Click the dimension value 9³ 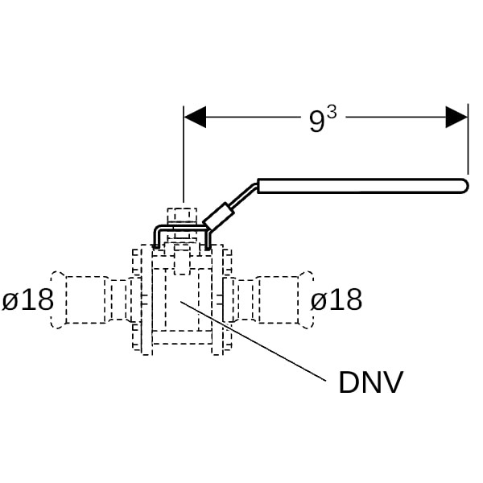tap(321, 119)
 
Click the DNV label tap(370, 383)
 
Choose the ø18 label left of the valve tap(27, 300)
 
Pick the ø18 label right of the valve tap(336, 300)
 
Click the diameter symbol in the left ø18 tap(10, 301)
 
